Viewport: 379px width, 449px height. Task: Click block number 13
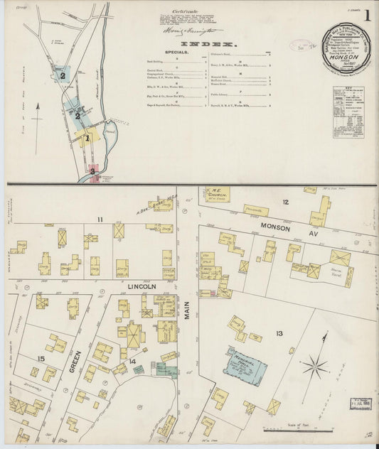click(279, 333)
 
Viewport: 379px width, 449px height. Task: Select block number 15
click(41, 359)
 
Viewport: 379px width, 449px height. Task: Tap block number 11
click(100, 219)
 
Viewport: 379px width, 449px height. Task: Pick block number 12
click(284, 202)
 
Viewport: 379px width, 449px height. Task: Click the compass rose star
click(313, 367)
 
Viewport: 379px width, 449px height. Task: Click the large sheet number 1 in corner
click(367, 15)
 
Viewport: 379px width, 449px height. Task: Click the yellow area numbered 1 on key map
click(87, 139)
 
